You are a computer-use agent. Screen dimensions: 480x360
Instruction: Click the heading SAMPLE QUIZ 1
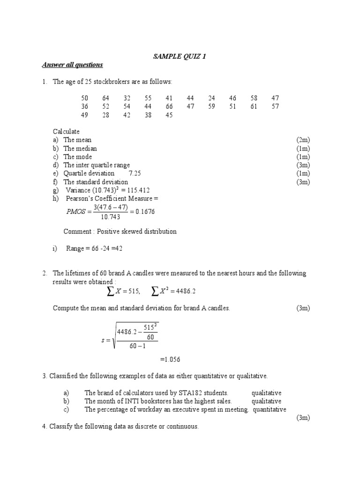point(180,56)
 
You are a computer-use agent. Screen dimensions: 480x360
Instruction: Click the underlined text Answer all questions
point(72,65)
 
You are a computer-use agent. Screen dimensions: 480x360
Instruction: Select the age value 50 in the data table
point(85,98)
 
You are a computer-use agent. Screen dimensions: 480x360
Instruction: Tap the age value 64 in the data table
point(105,98)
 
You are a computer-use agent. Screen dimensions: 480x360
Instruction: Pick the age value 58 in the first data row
point(254,98)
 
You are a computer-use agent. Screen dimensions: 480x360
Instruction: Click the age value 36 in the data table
point(85,107)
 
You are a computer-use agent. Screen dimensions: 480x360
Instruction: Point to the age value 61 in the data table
point(254,107)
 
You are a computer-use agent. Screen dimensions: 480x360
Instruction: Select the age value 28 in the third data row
point(105,115)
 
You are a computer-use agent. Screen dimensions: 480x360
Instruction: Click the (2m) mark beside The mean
point(303,140)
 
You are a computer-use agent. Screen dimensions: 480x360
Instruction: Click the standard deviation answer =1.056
point(170,360)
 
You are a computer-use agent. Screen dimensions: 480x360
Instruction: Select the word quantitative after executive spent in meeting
point(270,410)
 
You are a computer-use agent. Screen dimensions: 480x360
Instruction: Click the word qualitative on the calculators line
point(266,393)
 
